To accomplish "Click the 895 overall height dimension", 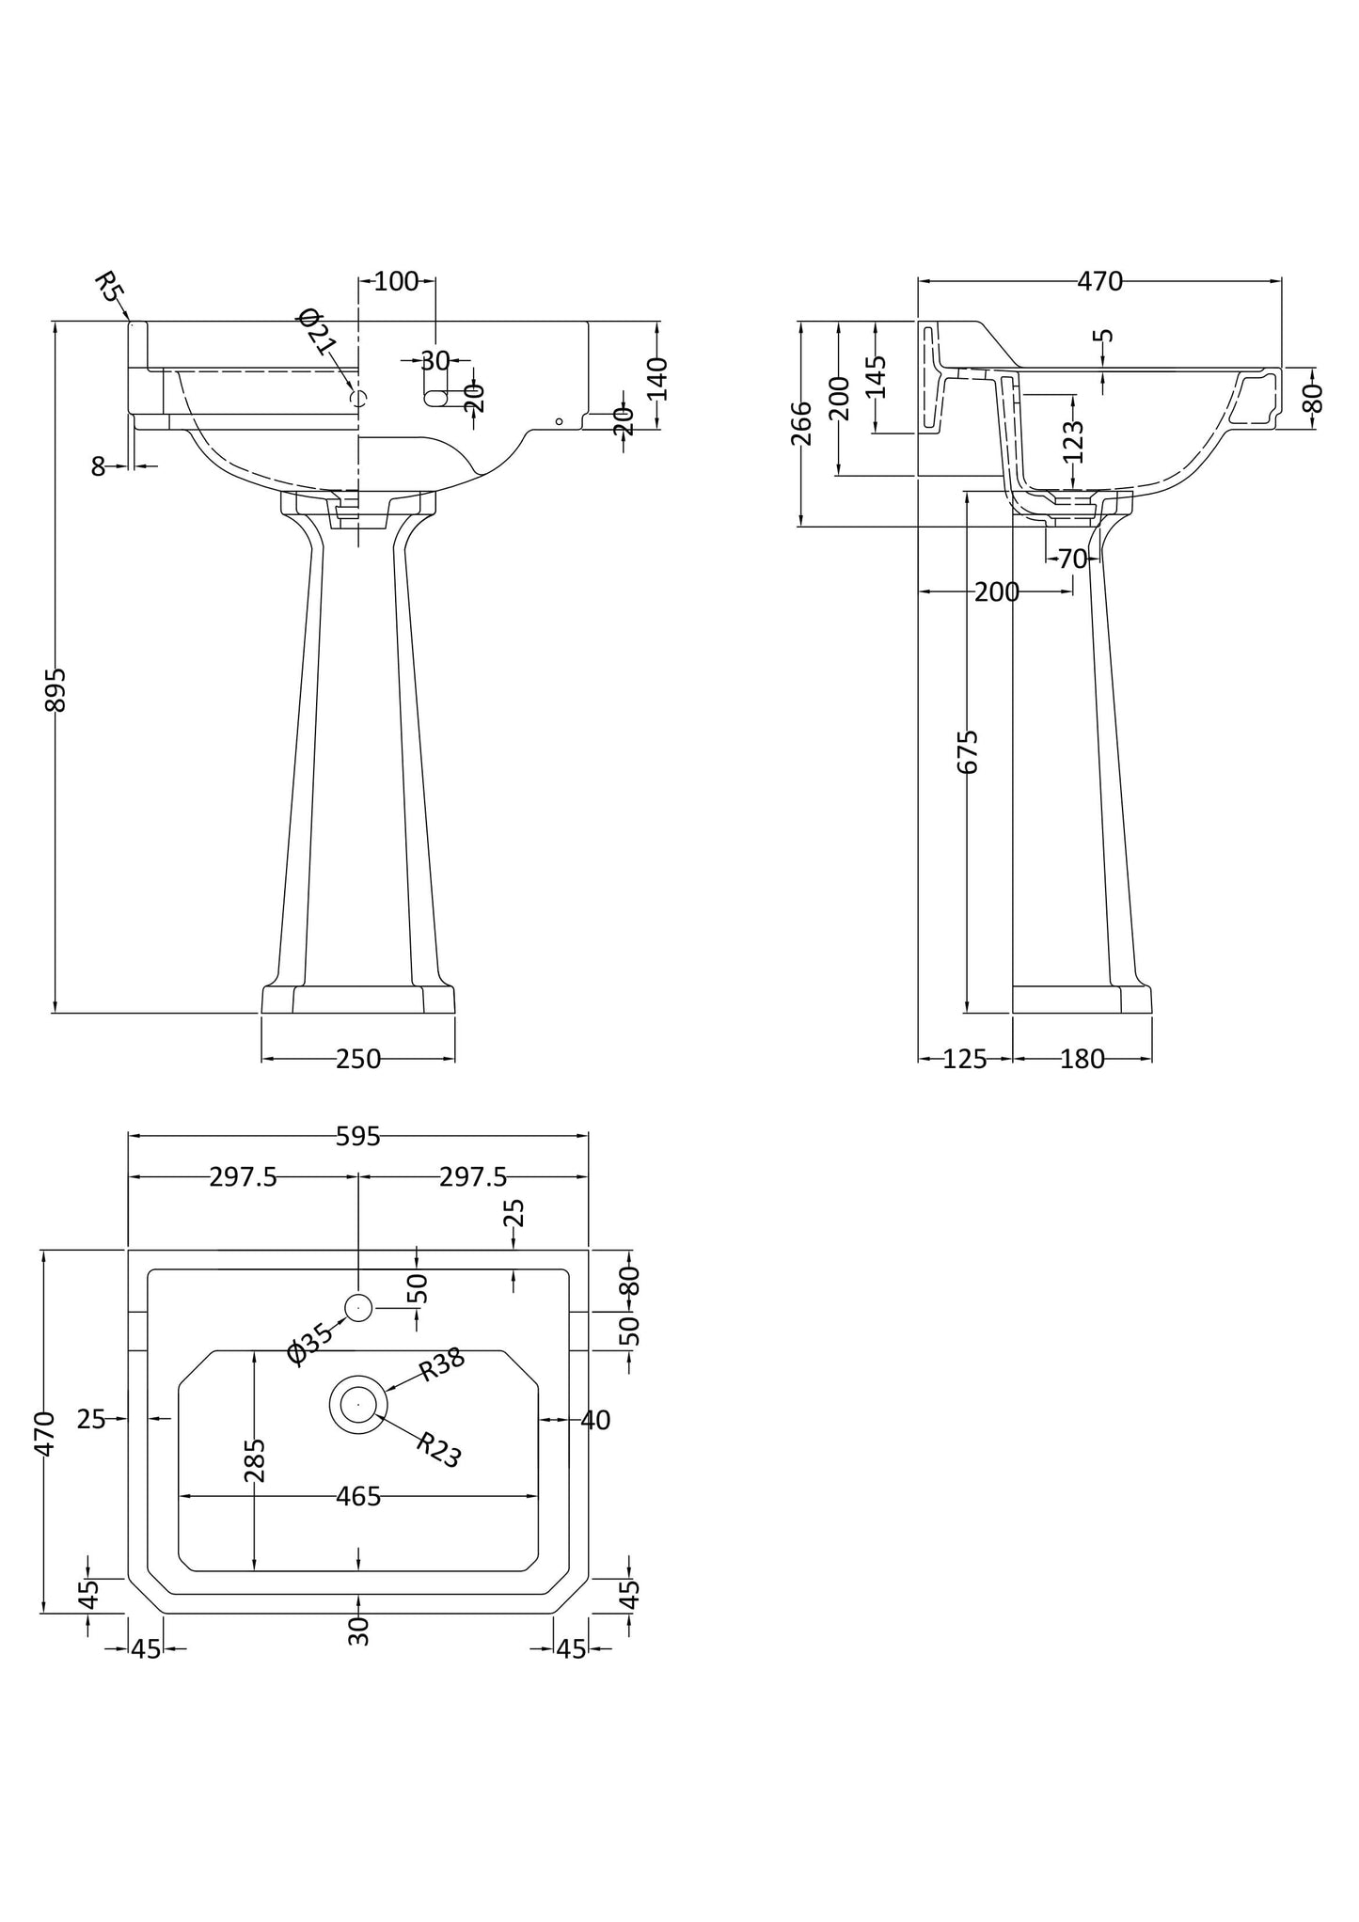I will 55,688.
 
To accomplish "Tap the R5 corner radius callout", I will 109,286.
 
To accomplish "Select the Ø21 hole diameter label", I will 317,331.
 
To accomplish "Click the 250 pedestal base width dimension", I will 358,1060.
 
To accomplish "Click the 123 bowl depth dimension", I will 1074,441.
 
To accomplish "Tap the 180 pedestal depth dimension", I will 1082,1060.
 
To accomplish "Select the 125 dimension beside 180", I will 964,1060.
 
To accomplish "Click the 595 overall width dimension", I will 358,1137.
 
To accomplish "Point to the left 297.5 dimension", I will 243,1177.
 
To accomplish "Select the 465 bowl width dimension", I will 358,1496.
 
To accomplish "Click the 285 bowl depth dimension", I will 255,1459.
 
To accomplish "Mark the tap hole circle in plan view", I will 359,1307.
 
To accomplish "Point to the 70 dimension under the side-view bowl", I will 1072,559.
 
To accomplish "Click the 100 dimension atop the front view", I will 396,281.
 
